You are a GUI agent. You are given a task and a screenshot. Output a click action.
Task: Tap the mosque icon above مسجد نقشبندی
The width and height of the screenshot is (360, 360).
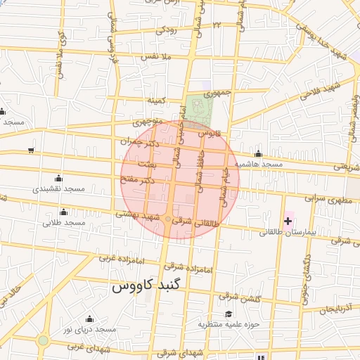58,177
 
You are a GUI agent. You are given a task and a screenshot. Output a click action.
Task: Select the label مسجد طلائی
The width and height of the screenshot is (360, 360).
64,223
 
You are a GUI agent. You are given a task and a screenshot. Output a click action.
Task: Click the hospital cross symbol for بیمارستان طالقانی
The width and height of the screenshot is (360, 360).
288,221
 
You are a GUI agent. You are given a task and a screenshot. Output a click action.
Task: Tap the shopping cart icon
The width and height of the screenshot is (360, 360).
30,150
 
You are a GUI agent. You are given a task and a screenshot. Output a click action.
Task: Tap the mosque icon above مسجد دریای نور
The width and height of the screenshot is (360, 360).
89,318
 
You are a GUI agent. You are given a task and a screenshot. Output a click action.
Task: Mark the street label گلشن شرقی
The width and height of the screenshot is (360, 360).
238,297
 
